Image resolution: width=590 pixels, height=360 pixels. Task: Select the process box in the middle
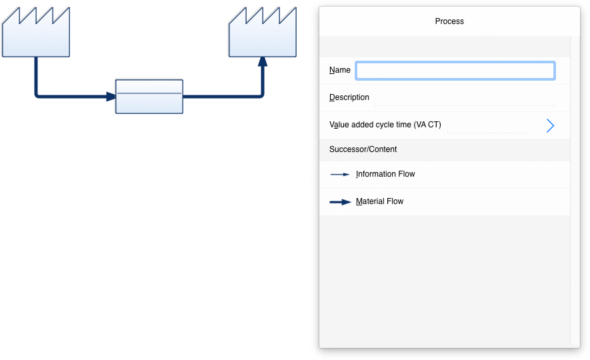[149, 96]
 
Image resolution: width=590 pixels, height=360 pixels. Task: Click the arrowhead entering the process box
[111, 97]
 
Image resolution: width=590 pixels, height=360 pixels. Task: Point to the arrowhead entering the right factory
[263, 62]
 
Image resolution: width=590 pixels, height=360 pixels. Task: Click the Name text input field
[455, 71]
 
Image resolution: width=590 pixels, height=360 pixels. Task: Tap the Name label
[340, 70]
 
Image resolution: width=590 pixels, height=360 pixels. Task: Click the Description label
[349, 97]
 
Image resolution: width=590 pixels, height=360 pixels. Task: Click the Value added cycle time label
[385, 125]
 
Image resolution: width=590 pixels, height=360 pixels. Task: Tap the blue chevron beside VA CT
[550, 125]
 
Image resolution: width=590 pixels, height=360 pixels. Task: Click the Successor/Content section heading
[363, 149]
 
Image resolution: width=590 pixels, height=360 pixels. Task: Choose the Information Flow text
[385, 174]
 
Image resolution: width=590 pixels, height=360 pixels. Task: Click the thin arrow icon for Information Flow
[340, 175]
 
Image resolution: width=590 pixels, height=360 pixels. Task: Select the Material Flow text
[379, 201]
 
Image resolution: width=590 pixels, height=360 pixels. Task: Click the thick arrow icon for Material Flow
[340, 202]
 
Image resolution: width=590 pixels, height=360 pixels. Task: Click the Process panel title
[449, 21]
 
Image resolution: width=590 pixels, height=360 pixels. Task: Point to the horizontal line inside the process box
[149, 93]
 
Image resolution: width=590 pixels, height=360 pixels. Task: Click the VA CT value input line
[487, 132]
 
